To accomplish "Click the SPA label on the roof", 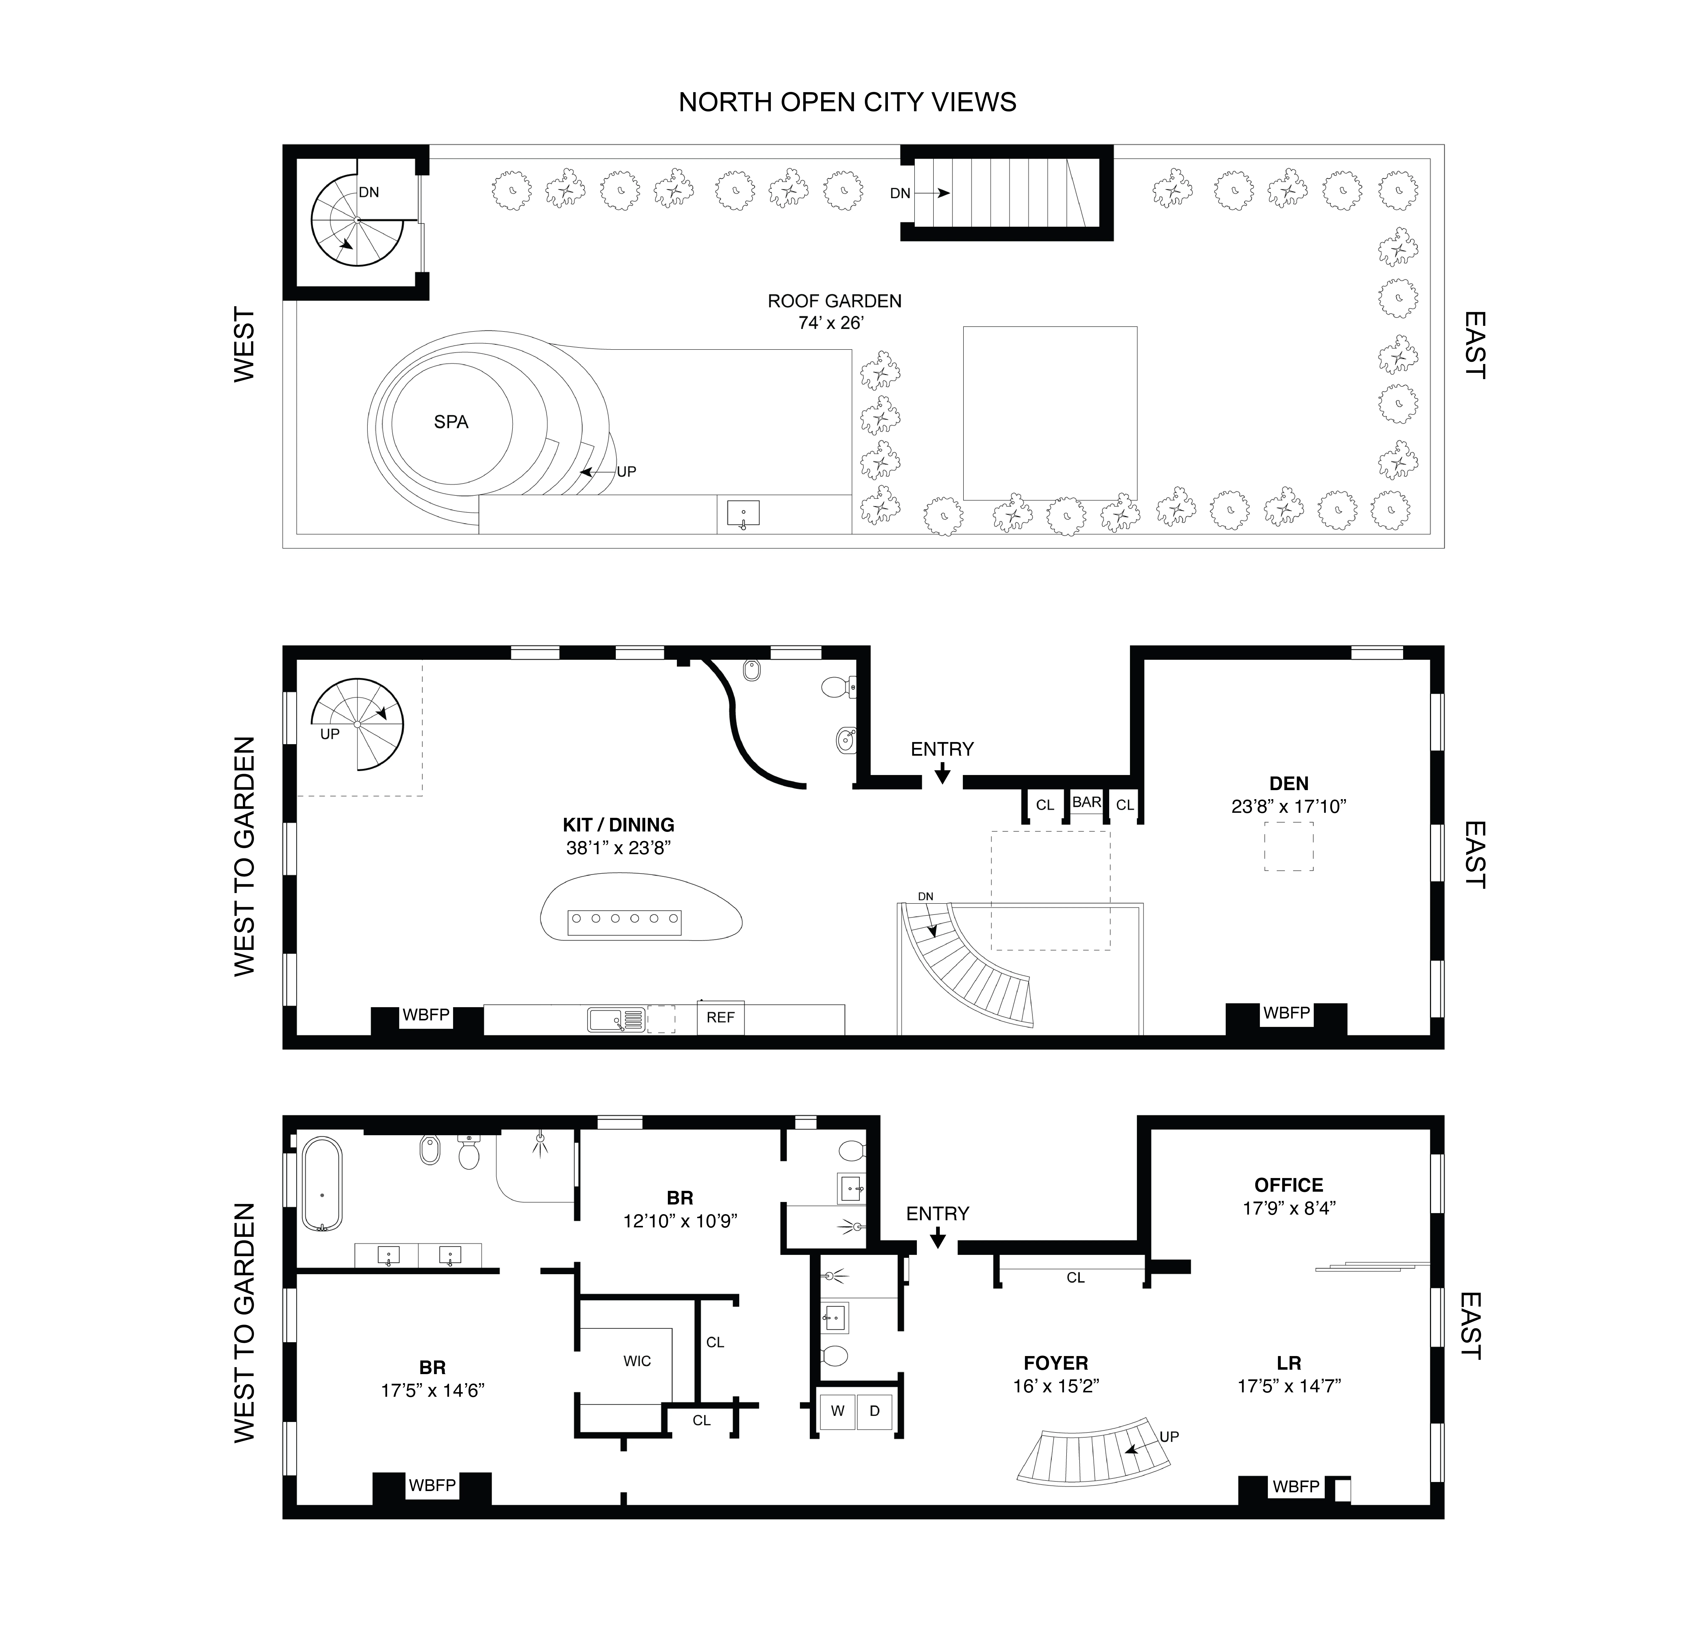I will click(x=451, y=422).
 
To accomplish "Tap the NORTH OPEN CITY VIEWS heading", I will click(x=847, y=102).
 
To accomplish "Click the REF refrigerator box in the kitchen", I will click(x=720, y=1018).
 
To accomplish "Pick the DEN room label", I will click(x=1288, y=784).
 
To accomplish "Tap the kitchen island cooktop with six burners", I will click(x=624, y=922).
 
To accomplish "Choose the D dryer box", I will click(x=874, y=1411).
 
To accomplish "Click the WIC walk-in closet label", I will click(x=637, y=1361).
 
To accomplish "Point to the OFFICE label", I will click(x=1288, y=1186).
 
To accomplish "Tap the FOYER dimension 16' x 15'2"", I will click(x=1056, y=1386).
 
